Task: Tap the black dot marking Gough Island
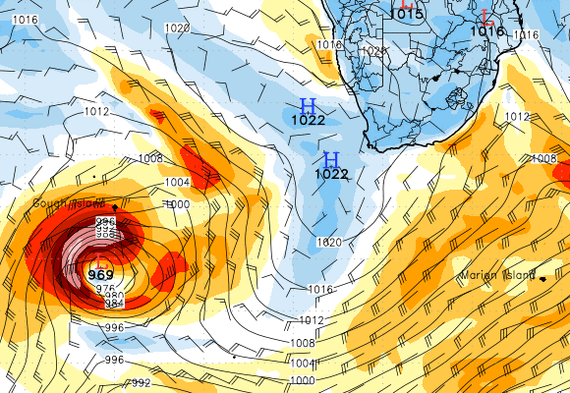coord(115,207)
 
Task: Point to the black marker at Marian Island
coord(542,279)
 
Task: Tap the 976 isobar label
coord(105,288)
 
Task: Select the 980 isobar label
coord(114,297)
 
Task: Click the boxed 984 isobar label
coord(113,306)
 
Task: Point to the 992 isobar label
coord(141,383)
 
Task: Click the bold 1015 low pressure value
coord(406,14)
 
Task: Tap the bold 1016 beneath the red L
coord(486,31)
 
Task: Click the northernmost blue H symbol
coord(308,105)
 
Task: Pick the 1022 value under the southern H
coord(331,174)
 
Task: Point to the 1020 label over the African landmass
coord(374,51)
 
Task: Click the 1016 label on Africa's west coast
coord(329,45)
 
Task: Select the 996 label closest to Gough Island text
coord(105,223)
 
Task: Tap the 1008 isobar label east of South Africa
coord(543,158)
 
